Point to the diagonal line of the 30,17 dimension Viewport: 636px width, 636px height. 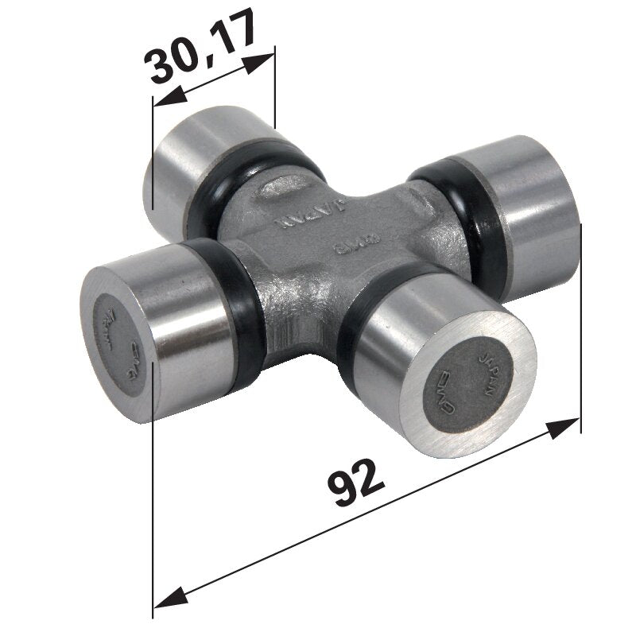212,80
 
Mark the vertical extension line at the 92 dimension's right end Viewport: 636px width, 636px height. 581,334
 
